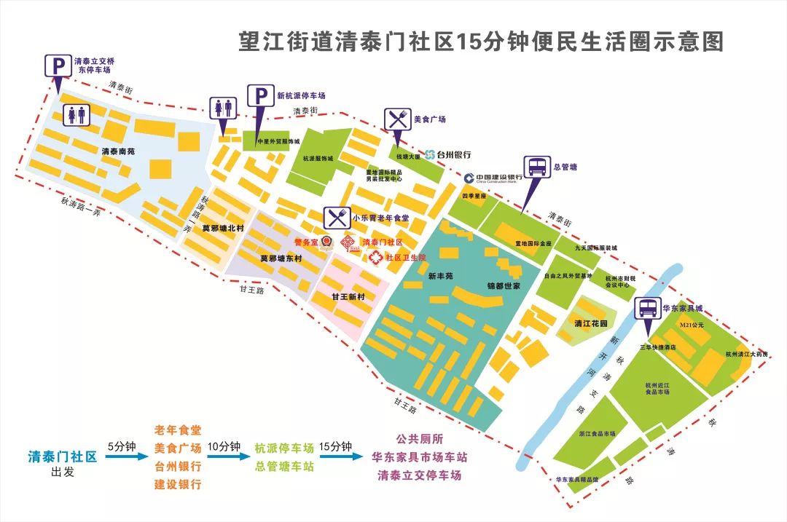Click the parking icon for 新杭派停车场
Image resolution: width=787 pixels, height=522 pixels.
tap(260, 96)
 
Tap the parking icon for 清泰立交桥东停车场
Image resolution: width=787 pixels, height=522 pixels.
tap(57, 66)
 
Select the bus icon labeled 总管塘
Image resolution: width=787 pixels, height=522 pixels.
tap(536, 167)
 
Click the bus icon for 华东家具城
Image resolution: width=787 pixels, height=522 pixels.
tap(646, 309)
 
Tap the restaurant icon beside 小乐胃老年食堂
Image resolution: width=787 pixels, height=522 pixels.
tap(335, 217)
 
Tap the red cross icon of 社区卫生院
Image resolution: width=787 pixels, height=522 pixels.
tap(375, 257)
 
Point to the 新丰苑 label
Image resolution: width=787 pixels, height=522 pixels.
tap(441, 277)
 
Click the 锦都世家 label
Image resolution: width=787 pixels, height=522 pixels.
tap(504, 286)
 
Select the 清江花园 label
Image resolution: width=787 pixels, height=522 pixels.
tap(591, 323)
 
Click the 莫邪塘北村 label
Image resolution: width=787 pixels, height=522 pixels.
tap(223, 229)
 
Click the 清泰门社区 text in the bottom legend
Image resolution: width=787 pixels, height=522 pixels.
tap(63, 457)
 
